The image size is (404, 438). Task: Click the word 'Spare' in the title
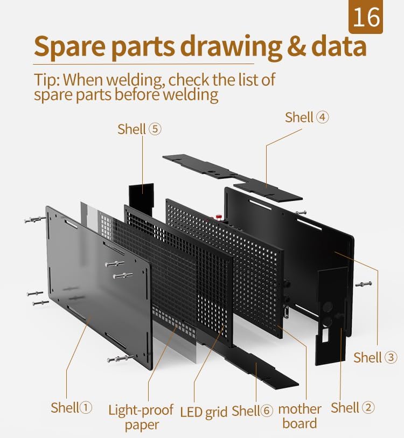69,47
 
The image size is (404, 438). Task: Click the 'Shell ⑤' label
140,129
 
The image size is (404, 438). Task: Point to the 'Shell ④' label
307,117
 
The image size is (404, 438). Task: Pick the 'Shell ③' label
375,357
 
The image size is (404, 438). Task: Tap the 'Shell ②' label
353,407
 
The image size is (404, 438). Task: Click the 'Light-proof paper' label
141,417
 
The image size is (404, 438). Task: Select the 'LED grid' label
204,412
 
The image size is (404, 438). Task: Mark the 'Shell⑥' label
253,411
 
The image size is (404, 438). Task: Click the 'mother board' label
299,416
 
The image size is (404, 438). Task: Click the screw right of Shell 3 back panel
363,284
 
